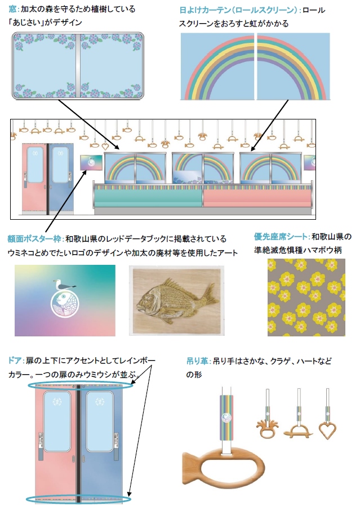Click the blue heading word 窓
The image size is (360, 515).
(x=12, y=9)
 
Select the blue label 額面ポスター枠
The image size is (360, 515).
(x=34, y=239)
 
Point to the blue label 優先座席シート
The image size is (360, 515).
(x=281, y=237)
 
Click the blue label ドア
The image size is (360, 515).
(x=15, y=361)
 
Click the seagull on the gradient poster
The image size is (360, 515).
(x=64, y=285)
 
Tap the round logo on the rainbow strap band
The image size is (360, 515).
(x=226, y=418)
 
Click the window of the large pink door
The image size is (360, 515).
(x=57, y=421)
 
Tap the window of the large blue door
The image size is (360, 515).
(x=100, y=421)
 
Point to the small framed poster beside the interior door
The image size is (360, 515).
(x=91, y=163)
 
